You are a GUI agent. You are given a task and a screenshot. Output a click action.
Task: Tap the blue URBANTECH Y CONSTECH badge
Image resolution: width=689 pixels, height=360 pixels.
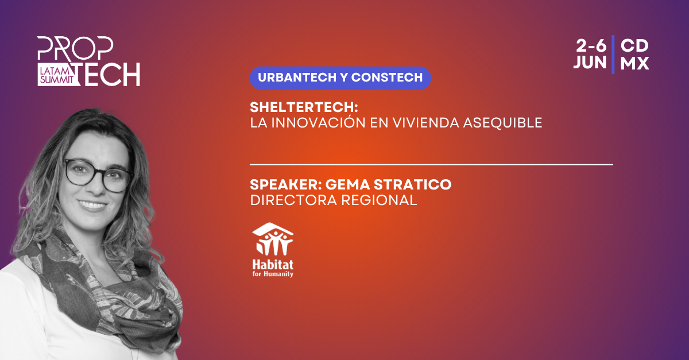coord(340,78)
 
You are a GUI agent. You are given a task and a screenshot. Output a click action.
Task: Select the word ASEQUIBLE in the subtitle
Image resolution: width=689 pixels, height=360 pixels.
coord(502,123)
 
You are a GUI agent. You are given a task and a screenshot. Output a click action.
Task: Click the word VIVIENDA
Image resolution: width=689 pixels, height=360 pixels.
coord(426,123)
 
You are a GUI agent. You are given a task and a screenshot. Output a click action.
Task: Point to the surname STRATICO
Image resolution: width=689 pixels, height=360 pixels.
coord(412,185)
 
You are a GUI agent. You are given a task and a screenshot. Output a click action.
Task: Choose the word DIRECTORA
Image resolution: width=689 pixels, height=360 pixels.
coord(293,200)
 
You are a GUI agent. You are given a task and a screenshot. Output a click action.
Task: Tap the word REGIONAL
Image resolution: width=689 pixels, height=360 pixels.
coord(379,200)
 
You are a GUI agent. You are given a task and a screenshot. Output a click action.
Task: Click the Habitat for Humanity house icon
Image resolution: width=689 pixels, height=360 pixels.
coord(273,239)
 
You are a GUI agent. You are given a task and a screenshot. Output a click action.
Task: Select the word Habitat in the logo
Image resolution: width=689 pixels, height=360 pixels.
coord(273,265)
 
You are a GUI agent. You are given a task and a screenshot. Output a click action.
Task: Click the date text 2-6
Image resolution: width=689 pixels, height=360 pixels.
coord(591,46)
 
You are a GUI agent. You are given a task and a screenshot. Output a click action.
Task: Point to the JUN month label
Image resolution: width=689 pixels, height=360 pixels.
coord(590,63)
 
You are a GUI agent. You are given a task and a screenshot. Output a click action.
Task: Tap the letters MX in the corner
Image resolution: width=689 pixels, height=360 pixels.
coord(634,63)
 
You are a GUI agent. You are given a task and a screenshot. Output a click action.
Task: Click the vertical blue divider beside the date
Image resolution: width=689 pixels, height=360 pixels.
coord(613,55)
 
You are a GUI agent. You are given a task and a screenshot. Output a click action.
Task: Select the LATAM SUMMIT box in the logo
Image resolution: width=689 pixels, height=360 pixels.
coord(57,75)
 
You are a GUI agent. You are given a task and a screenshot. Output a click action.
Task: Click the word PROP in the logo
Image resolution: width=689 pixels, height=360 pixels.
coord(75,48)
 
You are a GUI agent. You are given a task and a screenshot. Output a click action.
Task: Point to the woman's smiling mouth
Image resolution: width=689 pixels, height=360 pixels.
coord(92,205)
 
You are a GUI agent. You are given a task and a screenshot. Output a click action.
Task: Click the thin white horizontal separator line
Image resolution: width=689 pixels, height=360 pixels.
coord(431,165)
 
